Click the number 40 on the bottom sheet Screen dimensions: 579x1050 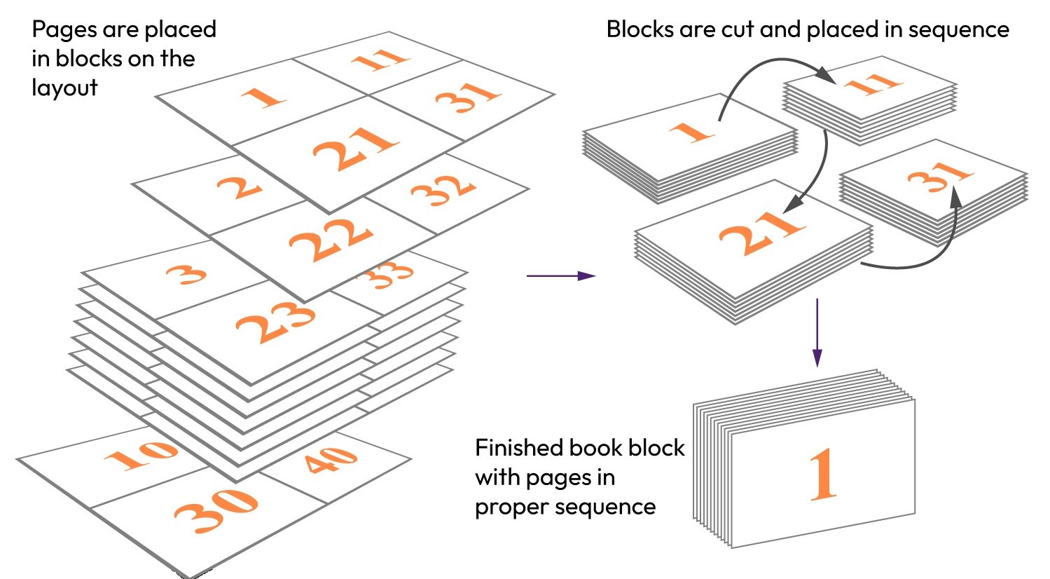tap(330, 459)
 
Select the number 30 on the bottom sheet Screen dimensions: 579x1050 tap(216, 507)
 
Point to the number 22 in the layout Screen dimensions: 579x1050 tap(331, 239)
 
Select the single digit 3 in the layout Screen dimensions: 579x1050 tap(187, 273)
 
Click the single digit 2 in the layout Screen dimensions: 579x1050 tap(240, 187)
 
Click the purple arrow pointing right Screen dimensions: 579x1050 tap(560, 276)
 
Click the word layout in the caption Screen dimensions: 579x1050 tap(64, 88)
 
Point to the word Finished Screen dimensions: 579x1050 tap(518, 448)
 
